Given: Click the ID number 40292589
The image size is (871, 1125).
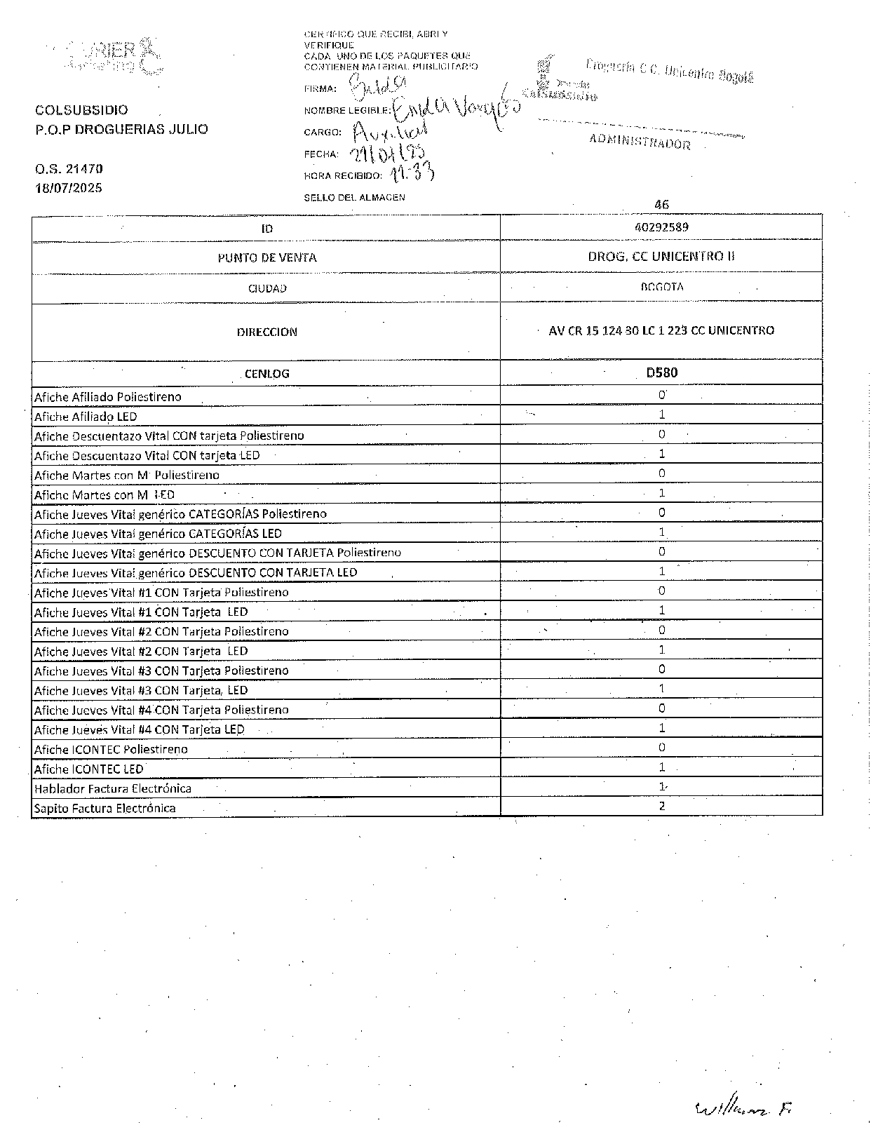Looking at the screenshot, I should point(661,227).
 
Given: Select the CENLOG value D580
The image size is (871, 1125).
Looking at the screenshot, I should point(661,372).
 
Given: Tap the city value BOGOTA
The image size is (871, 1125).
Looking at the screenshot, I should point(661,287).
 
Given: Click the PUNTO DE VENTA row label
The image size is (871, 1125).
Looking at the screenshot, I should point(266,257).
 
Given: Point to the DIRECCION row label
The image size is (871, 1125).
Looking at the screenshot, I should point(266,332).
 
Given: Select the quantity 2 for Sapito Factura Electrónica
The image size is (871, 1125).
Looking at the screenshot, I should point(661,806).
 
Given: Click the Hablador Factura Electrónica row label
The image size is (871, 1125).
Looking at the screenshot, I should point(113,788).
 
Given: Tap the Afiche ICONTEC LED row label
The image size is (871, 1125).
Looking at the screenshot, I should point(89,769).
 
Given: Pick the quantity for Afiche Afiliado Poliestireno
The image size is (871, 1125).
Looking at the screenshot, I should point(661,395).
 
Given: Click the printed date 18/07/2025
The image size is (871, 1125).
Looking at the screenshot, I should point(69,188).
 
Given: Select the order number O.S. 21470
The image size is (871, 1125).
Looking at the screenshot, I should point(69,169).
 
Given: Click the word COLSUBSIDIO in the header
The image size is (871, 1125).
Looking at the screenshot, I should point(81,110).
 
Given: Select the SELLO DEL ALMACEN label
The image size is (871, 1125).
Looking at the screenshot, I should point(354,198).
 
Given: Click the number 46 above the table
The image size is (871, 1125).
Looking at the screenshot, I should point(661,205).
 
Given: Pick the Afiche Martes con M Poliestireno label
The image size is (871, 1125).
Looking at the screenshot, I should point(127,475).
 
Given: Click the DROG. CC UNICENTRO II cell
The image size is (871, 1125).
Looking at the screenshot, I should point(661,257).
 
